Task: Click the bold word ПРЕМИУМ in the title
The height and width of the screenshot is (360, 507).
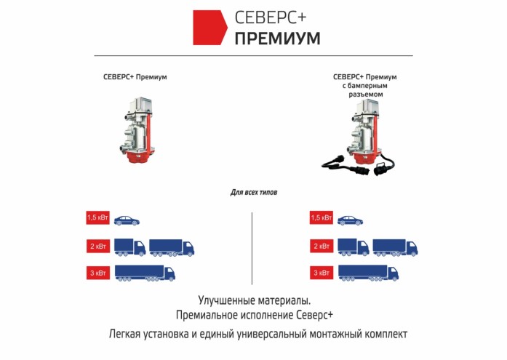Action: click(277, 39)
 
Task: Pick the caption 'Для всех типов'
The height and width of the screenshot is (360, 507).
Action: click(253, 193)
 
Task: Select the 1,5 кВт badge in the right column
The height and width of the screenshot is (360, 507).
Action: click(321, 218)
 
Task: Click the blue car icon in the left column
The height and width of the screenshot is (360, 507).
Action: click(126, 219)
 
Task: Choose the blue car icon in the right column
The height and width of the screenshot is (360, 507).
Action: click(349, 219)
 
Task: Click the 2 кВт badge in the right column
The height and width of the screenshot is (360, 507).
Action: click(321, 246)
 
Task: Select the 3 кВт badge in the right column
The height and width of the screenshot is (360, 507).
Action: click(321, 273)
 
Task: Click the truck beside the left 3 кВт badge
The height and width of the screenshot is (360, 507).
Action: click(145, 273)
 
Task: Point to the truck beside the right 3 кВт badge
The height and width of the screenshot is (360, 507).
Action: click(369, 273)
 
